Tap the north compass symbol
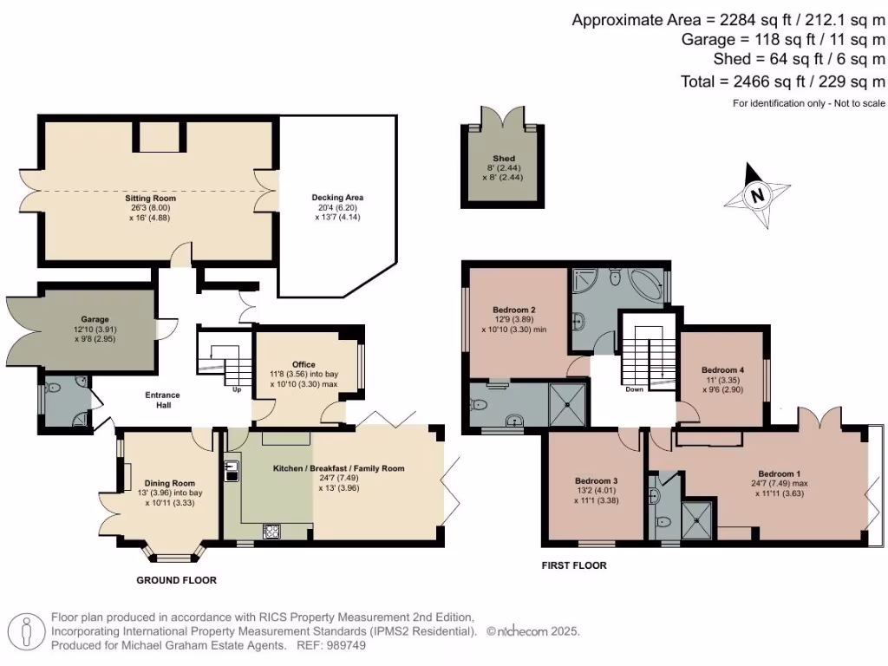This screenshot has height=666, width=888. point(757,195)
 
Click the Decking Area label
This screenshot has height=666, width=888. point(337,198)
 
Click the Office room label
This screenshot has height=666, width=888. point(304,364)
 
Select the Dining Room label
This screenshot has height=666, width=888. point(170,483)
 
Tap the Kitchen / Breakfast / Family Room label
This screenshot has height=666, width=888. point(339,468)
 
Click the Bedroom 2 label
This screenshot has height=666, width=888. point(513,310)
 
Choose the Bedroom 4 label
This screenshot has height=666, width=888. point(721,369)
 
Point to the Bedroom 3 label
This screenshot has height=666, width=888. point(597,480)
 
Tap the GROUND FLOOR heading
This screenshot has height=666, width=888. point(176,580)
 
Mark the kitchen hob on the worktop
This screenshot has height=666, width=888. point(271,531)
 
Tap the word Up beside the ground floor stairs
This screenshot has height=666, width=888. point(237,389)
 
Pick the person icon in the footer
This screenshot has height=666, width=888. point(27,630)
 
